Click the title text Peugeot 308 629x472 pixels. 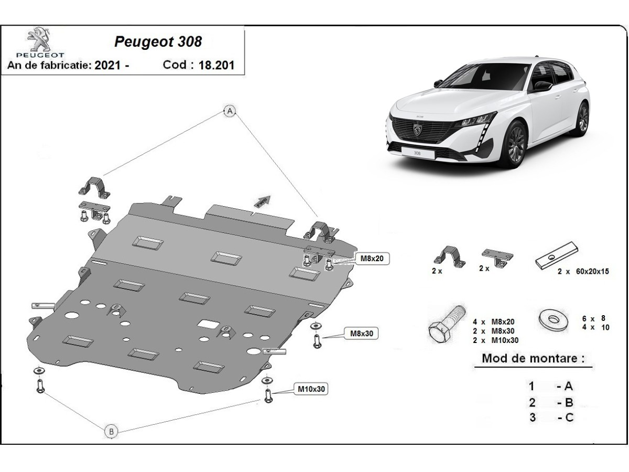158,42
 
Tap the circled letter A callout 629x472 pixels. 229,111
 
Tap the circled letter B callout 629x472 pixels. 111,432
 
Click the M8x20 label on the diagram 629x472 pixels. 372,258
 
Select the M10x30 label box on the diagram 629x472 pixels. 312,389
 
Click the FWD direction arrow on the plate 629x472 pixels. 262,201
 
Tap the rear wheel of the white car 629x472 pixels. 581,119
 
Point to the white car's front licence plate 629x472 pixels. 417,153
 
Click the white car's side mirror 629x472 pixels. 543,85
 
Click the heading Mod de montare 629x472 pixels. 533,359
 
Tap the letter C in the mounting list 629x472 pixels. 569,417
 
